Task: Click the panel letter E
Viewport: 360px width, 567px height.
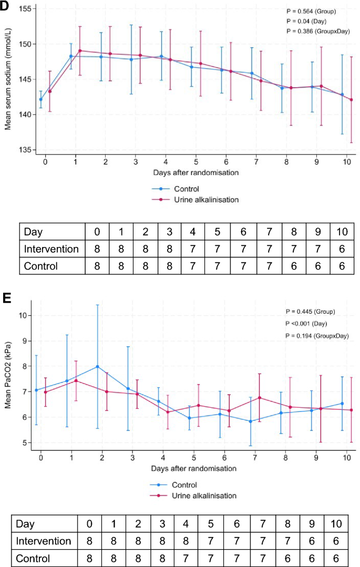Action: [x=6, y=298]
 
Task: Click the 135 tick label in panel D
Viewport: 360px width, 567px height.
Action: [x=24, y=150]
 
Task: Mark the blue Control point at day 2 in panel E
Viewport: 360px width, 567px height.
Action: [x=97, y=367]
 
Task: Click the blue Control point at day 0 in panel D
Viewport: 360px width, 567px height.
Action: [x=41, y=99]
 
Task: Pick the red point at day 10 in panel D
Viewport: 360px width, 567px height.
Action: [x=351, y=99]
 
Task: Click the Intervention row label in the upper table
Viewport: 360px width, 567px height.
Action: [x=51, y=249]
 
